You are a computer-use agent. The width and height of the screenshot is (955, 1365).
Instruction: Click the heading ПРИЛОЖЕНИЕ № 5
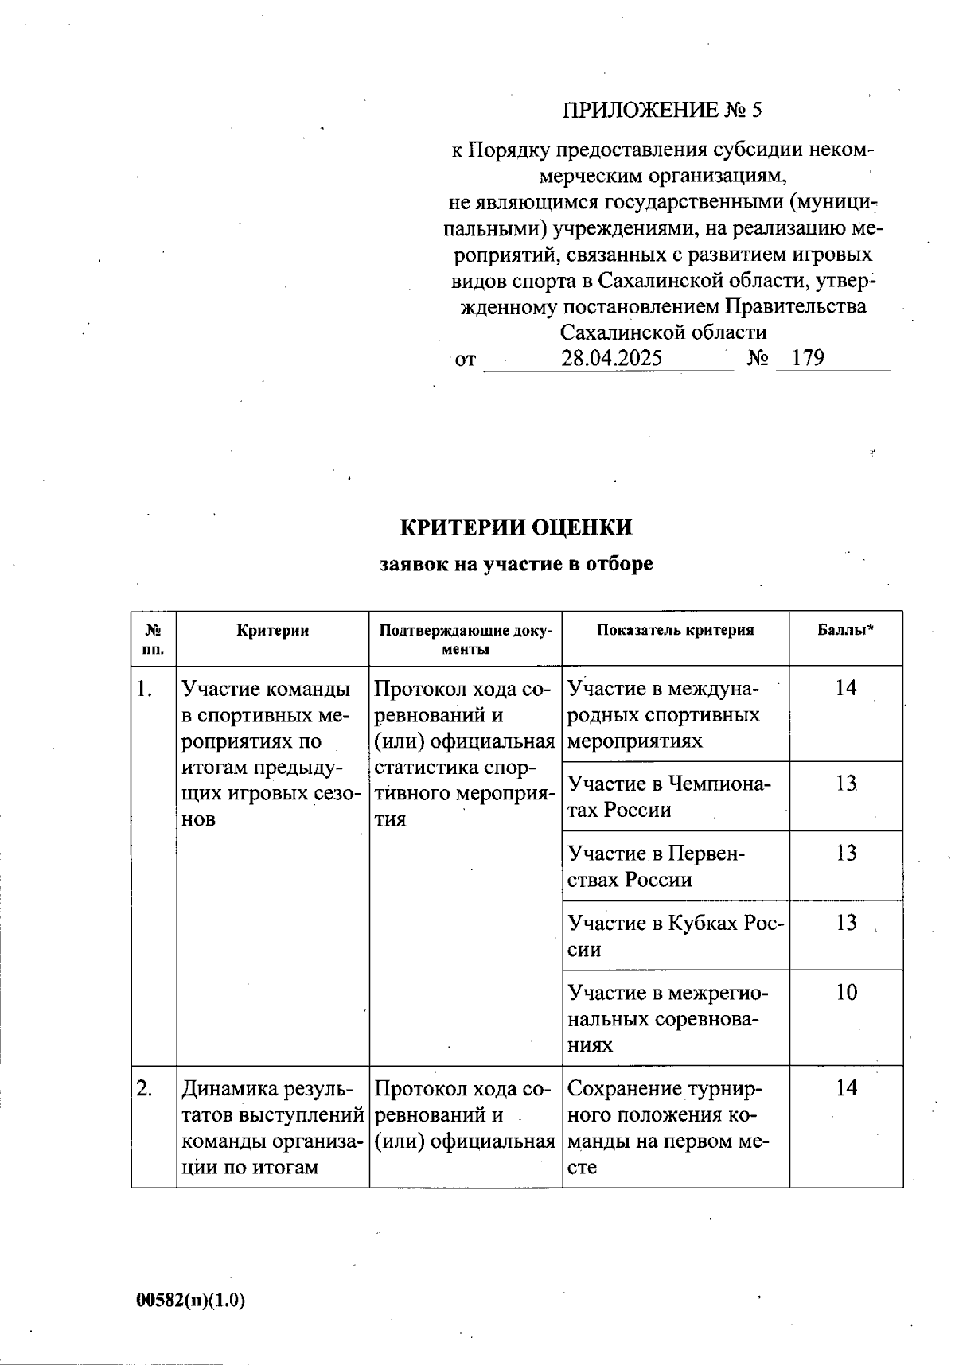click(662, 110)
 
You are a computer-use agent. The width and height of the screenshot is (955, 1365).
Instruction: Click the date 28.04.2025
click(611, 358)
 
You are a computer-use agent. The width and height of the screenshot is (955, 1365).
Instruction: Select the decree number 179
click(809, 358)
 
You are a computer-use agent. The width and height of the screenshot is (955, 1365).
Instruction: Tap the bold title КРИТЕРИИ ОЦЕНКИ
click(516, 527)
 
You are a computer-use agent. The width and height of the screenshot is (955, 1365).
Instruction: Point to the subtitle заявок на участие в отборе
click(516, 564)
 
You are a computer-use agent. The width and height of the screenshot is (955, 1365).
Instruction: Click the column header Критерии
click(273, 631)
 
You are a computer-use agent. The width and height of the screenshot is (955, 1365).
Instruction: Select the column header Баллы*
click(846, 631)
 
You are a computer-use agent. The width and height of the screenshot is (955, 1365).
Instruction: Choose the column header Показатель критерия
click(675, 631)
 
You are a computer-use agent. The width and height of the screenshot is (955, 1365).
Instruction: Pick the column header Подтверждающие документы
click(466, 639)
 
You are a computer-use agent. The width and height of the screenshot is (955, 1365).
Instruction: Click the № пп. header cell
click(154, 639)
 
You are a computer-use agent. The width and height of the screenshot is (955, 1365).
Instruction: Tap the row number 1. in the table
click(144, 689)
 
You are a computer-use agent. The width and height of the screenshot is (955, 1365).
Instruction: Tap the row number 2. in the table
click(144, 1088)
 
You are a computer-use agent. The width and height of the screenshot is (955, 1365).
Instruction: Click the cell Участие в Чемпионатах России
click(668, 796)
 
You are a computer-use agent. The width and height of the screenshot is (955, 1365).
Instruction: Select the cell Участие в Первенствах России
click(657, 866)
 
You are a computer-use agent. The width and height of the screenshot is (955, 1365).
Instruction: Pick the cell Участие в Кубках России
click(675, 935)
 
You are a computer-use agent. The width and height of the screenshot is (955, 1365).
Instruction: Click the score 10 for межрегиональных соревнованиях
click(846, 993)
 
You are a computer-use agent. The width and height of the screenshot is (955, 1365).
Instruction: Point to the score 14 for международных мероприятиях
click(846, 689)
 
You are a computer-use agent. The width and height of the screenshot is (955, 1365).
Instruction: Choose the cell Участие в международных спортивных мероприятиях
click(665, 714)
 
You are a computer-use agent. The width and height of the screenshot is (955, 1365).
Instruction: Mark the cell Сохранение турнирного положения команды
click(667, 1127)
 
